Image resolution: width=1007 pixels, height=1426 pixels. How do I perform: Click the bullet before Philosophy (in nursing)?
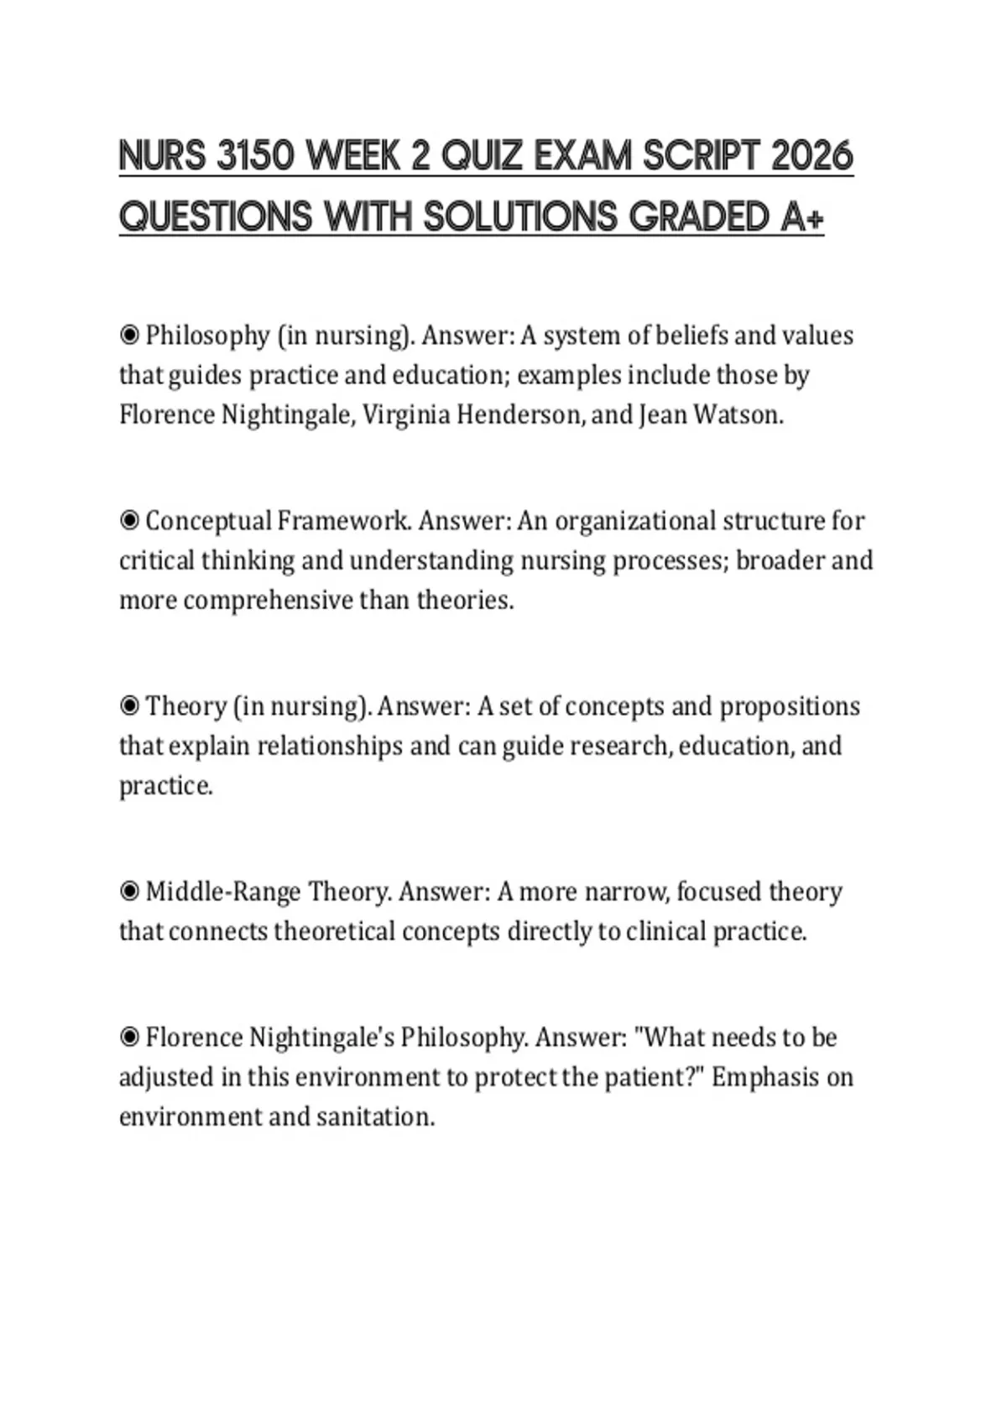pos(129,336)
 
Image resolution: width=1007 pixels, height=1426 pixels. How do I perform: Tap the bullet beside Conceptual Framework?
pos(129,521)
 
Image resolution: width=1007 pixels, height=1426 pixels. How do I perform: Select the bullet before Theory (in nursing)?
pos(129,706)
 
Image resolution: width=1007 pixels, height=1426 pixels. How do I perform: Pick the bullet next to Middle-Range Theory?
pos(129,892)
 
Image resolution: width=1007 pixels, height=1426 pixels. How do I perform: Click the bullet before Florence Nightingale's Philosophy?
pos(129,1038)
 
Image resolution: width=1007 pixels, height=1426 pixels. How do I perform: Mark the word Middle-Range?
pos(222,892)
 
